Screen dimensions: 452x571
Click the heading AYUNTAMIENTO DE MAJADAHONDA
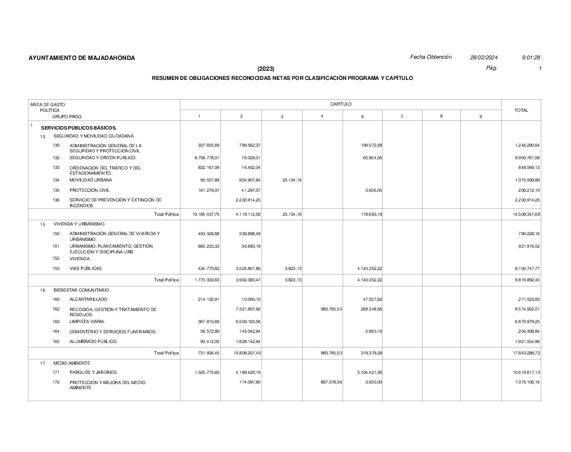tap(82, 58)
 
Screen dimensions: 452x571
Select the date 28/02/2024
tap(484, 58)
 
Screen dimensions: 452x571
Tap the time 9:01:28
tap(531, 58)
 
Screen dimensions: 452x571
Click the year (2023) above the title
tap(266, 68)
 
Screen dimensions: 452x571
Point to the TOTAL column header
tap(521, 110)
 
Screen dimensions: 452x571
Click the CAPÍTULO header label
tap(341, 104)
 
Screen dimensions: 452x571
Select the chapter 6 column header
tap(363, 116)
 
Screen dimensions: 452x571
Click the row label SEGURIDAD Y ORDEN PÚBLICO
tap(103, 158)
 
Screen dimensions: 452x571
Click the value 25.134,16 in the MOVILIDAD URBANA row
tap(291, 180)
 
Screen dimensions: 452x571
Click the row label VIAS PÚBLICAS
tap(86, 268)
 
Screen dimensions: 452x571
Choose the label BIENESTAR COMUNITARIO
tap(82, 290)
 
